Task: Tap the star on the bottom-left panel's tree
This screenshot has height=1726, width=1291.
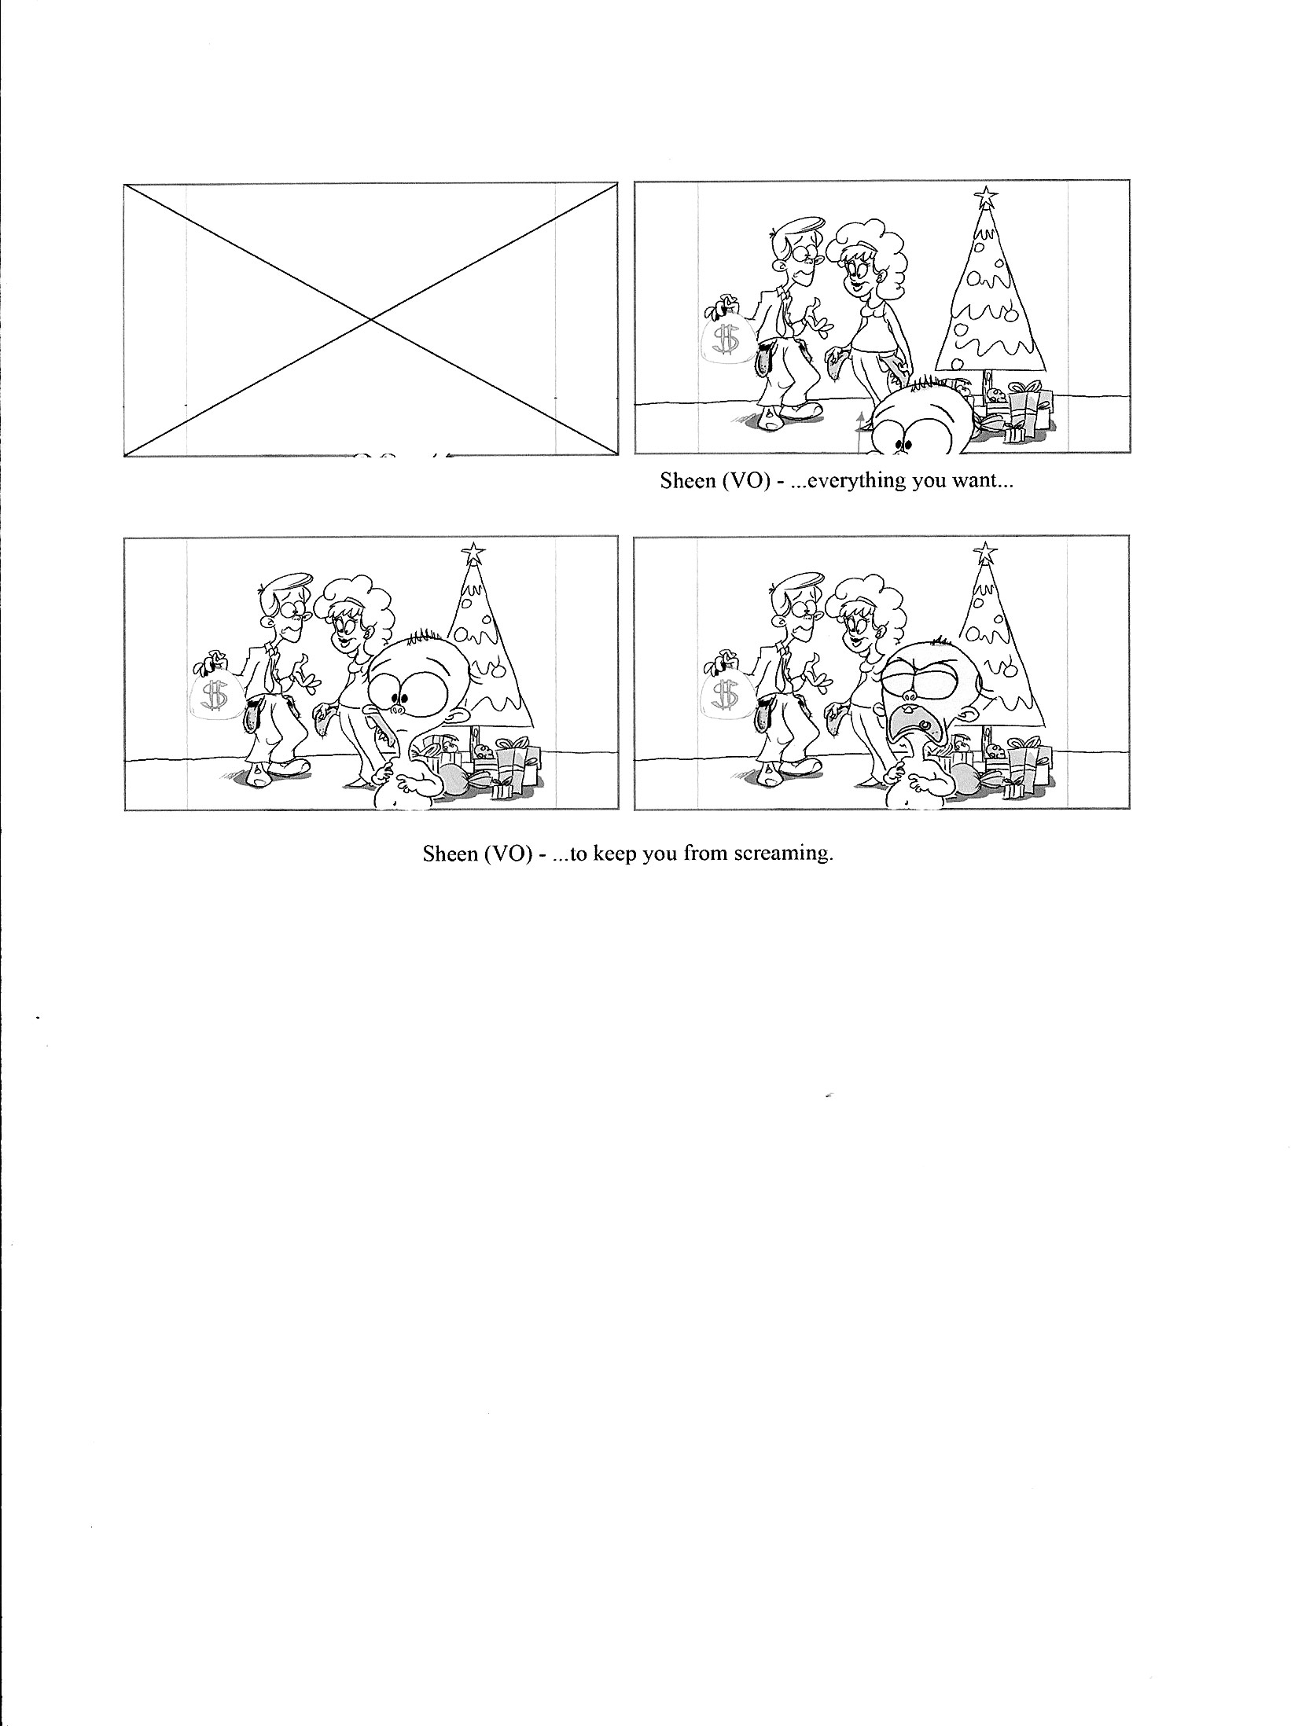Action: [x=473, y=553]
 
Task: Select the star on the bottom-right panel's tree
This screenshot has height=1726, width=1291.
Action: [x=982, y=553]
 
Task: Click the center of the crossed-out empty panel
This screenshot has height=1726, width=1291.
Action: [x=370, y=319]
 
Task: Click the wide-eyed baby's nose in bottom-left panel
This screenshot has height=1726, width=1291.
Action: [x=398, y=709]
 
